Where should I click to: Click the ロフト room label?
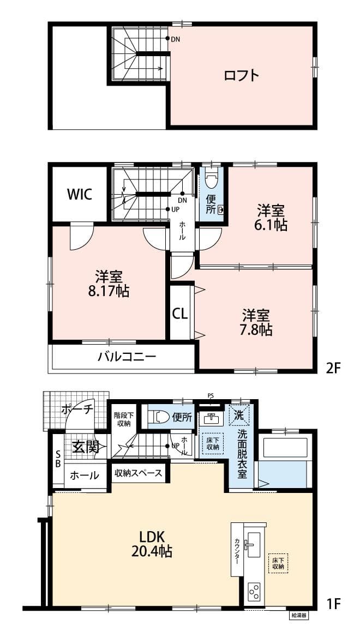241,75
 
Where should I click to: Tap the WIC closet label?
80,194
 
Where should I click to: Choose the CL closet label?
181,313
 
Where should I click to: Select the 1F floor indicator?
333,604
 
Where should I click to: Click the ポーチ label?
77,409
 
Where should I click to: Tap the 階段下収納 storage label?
123,419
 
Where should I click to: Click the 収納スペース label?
139,473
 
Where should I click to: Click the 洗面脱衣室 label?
242,454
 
